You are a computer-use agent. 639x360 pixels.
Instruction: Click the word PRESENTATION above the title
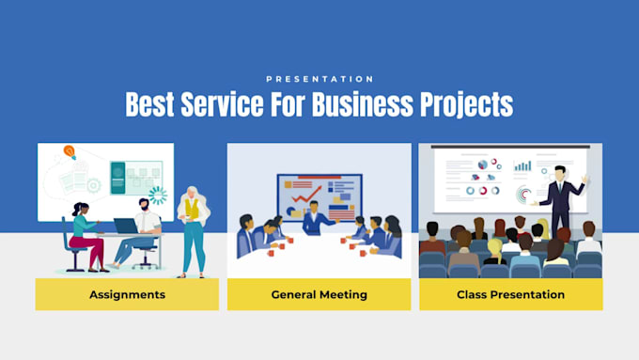click(319, 79)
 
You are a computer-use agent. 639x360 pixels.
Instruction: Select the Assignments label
click(127, 294)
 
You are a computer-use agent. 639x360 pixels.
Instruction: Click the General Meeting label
click(319, 294)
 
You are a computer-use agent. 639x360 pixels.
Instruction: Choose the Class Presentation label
click(510, 294)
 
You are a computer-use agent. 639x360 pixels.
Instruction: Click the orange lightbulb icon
click(70, 151)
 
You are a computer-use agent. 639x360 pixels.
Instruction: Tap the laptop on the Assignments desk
click(125, 227)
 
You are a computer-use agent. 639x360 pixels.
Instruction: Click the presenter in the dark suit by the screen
click(561, 197)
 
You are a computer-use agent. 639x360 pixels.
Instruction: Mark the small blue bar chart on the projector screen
click(522, 166)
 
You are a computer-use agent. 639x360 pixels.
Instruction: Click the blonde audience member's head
click(494, 246)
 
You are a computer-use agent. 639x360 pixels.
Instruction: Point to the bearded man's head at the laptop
click(144, 204)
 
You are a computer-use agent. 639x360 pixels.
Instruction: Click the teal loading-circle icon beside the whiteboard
click(157, 196)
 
